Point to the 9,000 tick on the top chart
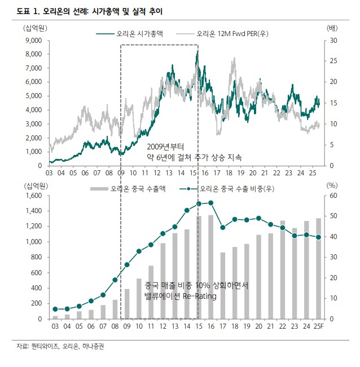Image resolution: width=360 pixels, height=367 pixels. click(x=33, y=41)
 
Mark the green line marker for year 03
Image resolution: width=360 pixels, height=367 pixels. click(x=55, y=309)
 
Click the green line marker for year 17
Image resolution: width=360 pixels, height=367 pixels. click(x=223, y=228)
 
